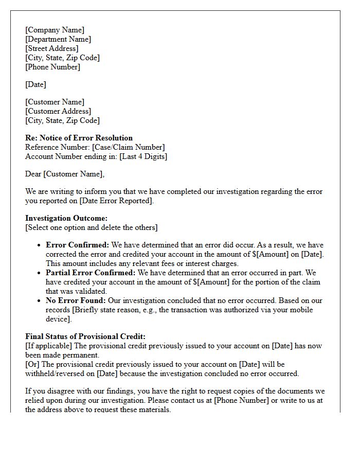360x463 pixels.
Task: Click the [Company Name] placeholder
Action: click(x=55, y=30)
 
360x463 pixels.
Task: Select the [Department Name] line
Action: click(x=58, y=39)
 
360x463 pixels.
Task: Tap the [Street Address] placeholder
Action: click(x=52, y=48)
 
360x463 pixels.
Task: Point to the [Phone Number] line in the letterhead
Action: click(x=53, y=67)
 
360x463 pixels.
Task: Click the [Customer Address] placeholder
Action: click(x=58, y=111)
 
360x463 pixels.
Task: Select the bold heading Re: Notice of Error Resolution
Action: click(x=79, y=138)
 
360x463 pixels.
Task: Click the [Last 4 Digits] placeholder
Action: click(x=143, y=156)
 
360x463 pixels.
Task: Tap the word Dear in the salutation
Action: click(x=33, y=174)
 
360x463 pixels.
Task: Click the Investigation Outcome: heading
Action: click(x=66, y=218)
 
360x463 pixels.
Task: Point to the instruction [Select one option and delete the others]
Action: click(x=92, y=227)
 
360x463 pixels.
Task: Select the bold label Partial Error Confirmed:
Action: click(x=91, y=273)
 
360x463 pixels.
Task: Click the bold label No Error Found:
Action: click(x=76, y=300)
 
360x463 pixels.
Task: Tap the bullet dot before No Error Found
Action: click(x=39, y=300)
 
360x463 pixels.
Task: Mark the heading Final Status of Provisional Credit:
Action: click(x=85, y=336)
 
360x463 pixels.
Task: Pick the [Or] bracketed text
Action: click(x=32, y=364)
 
